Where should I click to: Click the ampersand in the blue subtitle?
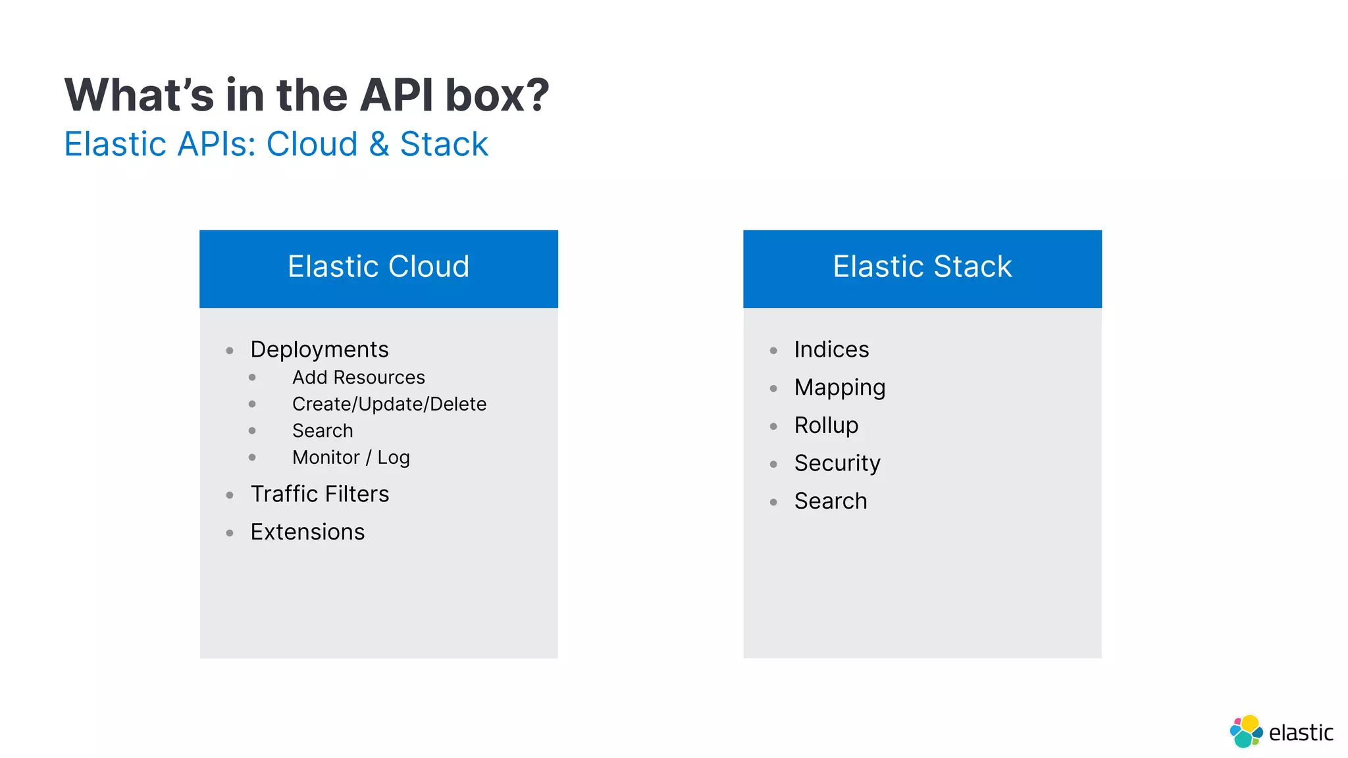coord(378,144)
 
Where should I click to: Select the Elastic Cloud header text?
coord(378,266)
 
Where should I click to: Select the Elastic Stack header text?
coord(922,266)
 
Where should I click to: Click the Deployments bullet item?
coord(319,349)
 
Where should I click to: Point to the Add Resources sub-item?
coord(359,378)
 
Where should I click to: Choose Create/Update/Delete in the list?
coord(389,404)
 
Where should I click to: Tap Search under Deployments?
coord(323,431)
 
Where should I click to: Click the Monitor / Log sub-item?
coord(351,457)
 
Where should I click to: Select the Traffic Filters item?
coord(320,494)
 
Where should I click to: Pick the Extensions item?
coord(307,532)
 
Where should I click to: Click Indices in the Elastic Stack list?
coord(831,349)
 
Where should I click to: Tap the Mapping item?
coord(840,388)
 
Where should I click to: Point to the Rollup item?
coord(826,425)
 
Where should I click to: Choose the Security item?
coord(837,463)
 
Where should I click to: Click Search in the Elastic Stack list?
coord(831,501)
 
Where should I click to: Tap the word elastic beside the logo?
coord(1301,733)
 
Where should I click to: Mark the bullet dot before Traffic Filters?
coord(230,495)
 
